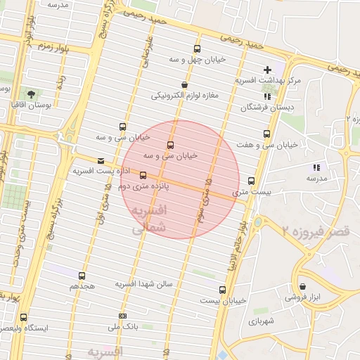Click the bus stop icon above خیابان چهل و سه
point(197,49)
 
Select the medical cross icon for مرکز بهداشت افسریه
point(266,70)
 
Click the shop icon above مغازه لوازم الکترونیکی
point(184,84)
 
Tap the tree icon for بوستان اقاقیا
point(31,94)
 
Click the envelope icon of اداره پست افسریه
point(101,161)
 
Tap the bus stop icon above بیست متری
point(252,181)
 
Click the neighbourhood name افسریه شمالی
point(149,219)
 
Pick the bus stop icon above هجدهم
point(82,276)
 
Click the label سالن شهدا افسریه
point(149,284)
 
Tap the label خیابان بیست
point(223,300)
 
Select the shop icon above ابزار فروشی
point(303,286)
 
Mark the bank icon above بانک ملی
point(123,316)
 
